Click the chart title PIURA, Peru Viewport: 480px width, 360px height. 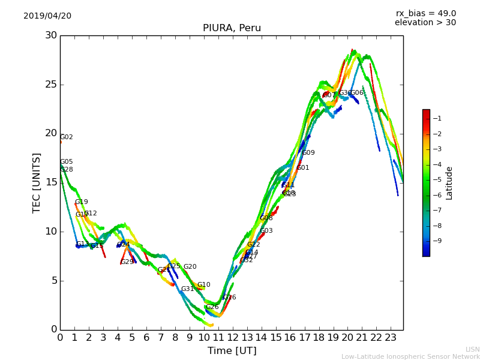coord(232,28)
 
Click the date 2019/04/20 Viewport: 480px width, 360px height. coord(47,16)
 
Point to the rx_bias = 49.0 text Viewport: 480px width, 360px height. coord(425,14)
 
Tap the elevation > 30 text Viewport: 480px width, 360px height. coord(425,23)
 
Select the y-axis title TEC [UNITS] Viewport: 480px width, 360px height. coord(37,182)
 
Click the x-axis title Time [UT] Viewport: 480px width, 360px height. coord(232,351)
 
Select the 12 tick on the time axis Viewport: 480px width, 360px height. coord(233,337)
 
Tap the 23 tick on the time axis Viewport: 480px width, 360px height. coord(391,337)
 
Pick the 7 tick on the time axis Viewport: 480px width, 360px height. coord(161,337)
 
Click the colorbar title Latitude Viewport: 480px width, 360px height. coord(449,183)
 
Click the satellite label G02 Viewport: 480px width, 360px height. coord(67,137)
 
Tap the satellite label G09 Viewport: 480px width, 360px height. coord(308,153)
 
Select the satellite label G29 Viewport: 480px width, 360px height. coord(127,262)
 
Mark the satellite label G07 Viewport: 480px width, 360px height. coord(329,95)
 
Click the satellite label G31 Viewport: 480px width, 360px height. coord(188,289)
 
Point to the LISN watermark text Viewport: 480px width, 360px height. coord(472,349)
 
